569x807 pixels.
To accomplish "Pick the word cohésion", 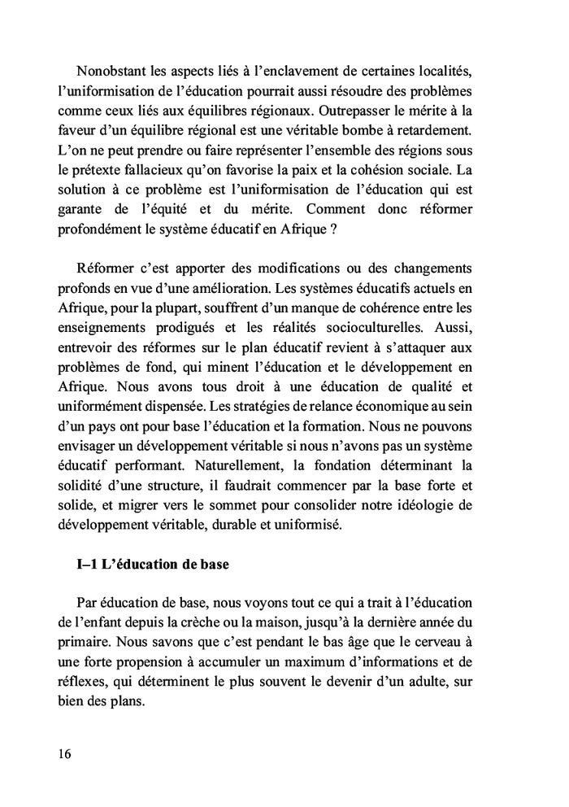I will (415, 171).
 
